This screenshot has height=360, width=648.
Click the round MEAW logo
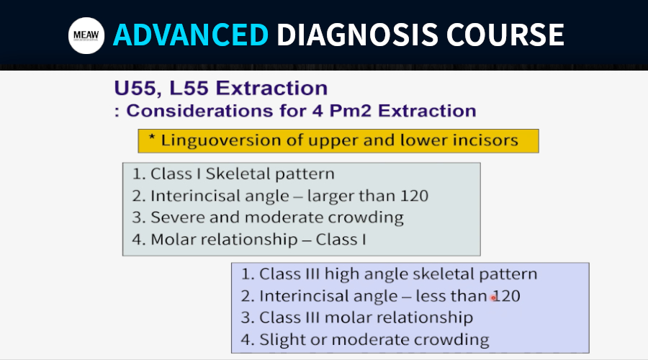pos(86,35)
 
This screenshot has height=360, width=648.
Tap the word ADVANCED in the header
pos(191,35)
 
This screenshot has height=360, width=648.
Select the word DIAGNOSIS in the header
pos(357,35)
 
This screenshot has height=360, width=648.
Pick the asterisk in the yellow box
pos(152,138)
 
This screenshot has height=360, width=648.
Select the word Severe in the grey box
pos(177,217)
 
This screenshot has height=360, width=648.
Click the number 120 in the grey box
pos(414,196)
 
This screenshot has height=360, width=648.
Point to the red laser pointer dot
pos(493,297)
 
